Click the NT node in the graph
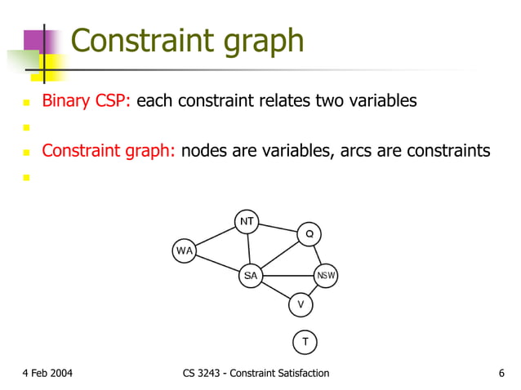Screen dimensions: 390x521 (x=247, y=221)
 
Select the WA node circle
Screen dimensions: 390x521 (x=185, y=250)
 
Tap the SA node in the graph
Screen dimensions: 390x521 (x=251, y=276)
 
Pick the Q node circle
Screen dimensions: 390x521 (x=309, y=234)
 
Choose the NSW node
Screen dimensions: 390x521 (x=326, y=276)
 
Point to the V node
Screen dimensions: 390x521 (x=301, y=304)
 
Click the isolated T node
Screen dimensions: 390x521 (x=305, y=341)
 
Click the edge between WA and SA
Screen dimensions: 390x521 (x=217, y=264)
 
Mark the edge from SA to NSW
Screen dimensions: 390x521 (x=287, y=276)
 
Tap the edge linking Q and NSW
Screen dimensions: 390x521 (x=318, y=255)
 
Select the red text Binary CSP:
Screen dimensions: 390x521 (x=87, y=101)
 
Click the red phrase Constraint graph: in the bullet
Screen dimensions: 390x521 (x=109, y=150)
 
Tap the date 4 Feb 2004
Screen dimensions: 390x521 (x=47, y=374)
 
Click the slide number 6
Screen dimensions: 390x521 (x=501, y=374)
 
